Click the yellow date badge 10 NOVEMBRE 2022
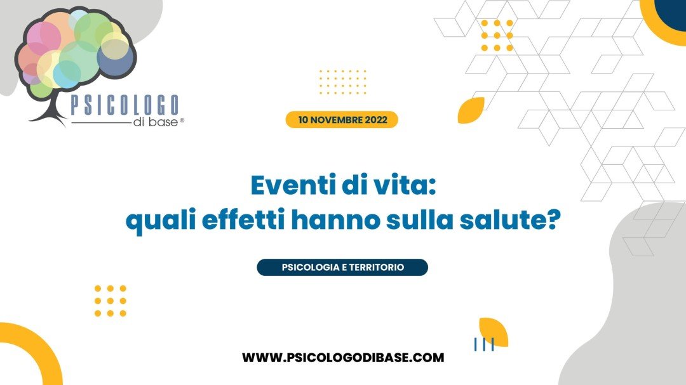click(x=342, y=120)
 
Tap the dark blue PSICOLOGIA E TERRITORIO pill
click(x=342, y=268)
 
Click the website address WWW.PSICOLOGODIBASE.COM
click(x=343, y=358)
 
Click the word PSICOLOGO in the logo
click(x=125, y=105)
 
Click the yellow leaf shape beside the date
click(x=471, y=110)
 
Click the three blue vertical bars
click(x=484, y=344)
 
